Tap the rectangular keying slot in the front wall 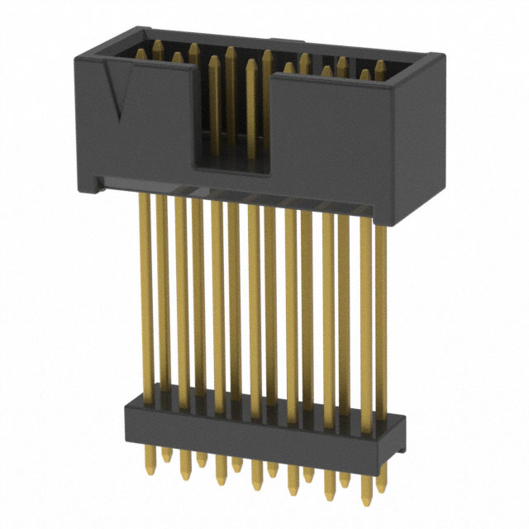click(233, 124)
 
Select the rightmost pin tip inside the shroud click(380, 64)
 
